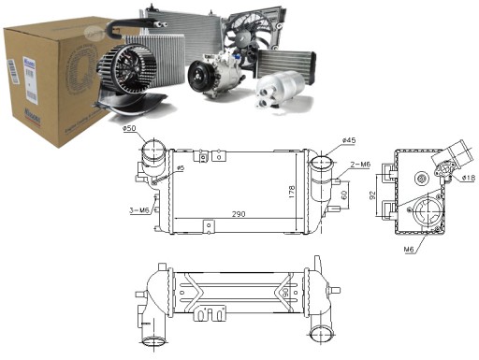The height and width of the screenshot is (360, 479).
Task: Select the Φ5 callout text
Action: click(180, 168)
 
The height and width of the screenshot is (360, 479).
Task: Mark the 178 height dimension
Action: click(291, 192)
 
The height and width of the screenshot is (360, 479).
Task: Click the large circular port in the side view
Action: click(433, 216)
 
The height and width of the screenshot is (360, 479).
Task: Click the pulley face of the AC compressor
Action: click(200, 74)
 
